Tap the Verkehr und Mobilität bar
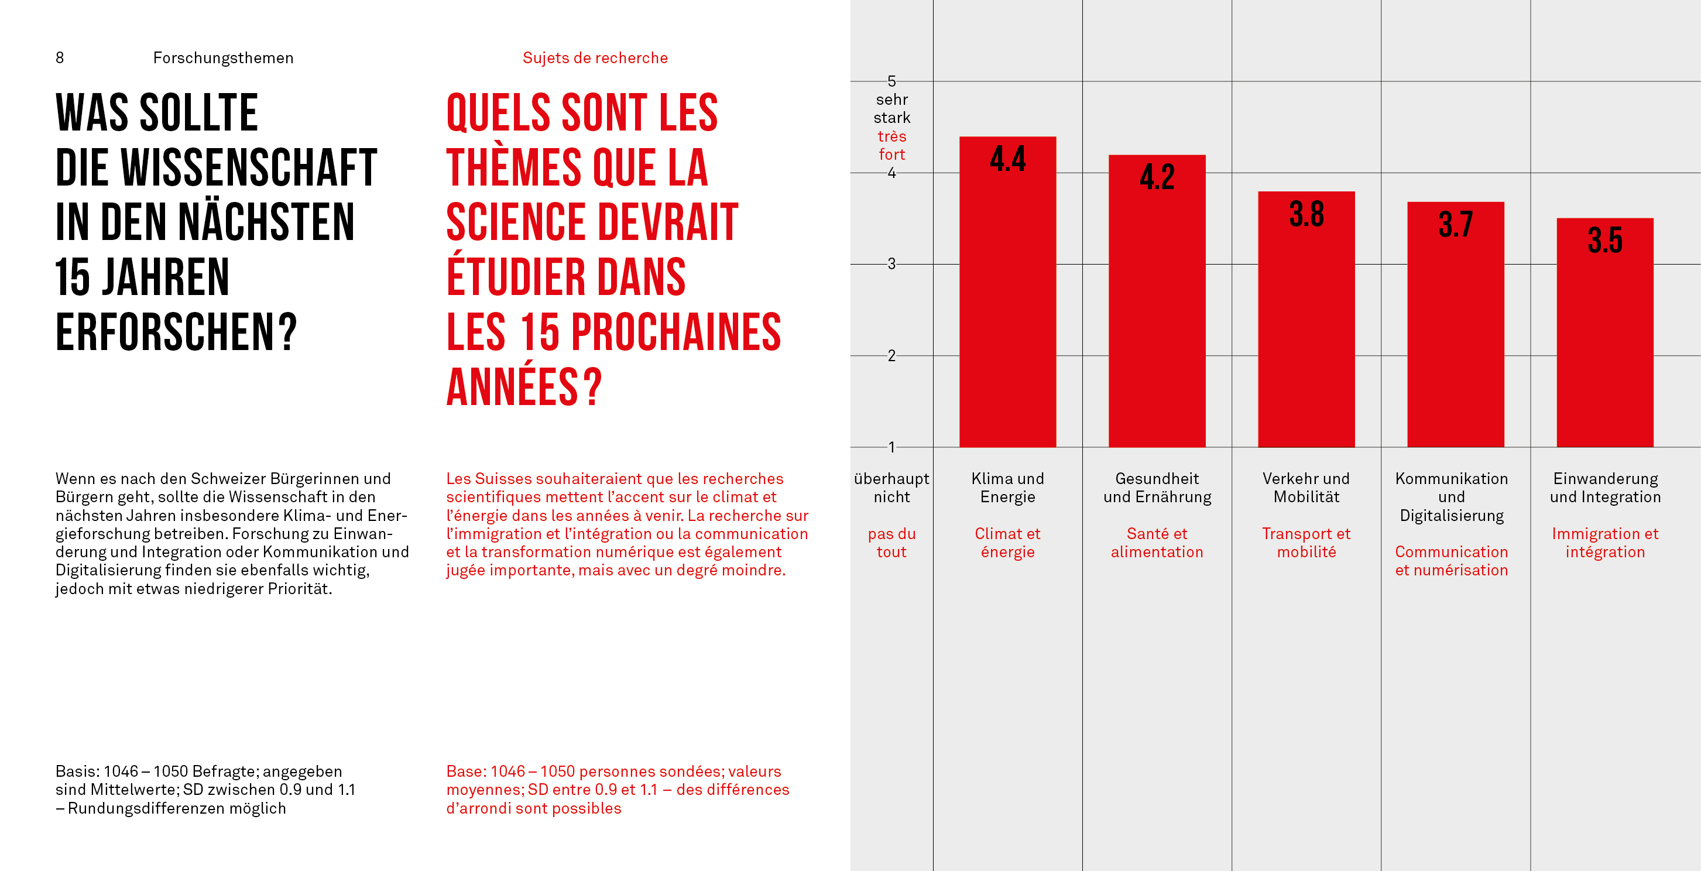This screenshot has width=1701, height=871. coord(1306,330)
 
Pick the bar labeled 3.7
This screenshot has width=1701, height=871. coord(1455,337)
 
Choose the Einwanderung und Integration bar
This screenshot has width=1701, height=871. coord(1604,344)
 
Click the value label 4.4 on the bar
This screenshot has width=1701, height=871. coord(1007,159)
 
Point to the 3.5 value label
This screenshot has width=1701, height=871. coord(1604,240)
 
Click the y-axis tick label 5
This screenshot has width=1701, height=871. coord(891,81)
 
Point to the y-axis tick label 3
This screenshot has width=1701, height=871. coord(891,264)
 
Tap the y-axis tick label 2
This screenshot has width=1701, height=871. coord(891,356)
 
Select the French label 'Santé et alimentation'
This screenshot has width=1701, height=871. coord(1157,543)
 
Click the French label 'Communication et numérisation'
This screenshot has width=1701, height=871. coord(1452,561)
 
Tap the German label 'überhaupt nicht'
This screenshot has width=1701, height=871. coord(891,488)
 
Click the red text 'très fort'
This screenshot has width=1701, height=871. coord(891,145)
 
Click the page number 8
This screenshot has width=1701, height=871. coord(60,58)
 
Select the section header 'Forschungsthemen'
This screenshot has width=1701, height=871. coord(223,58)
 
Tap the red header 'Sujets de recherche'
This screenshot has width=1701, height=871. coord(595,58)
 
